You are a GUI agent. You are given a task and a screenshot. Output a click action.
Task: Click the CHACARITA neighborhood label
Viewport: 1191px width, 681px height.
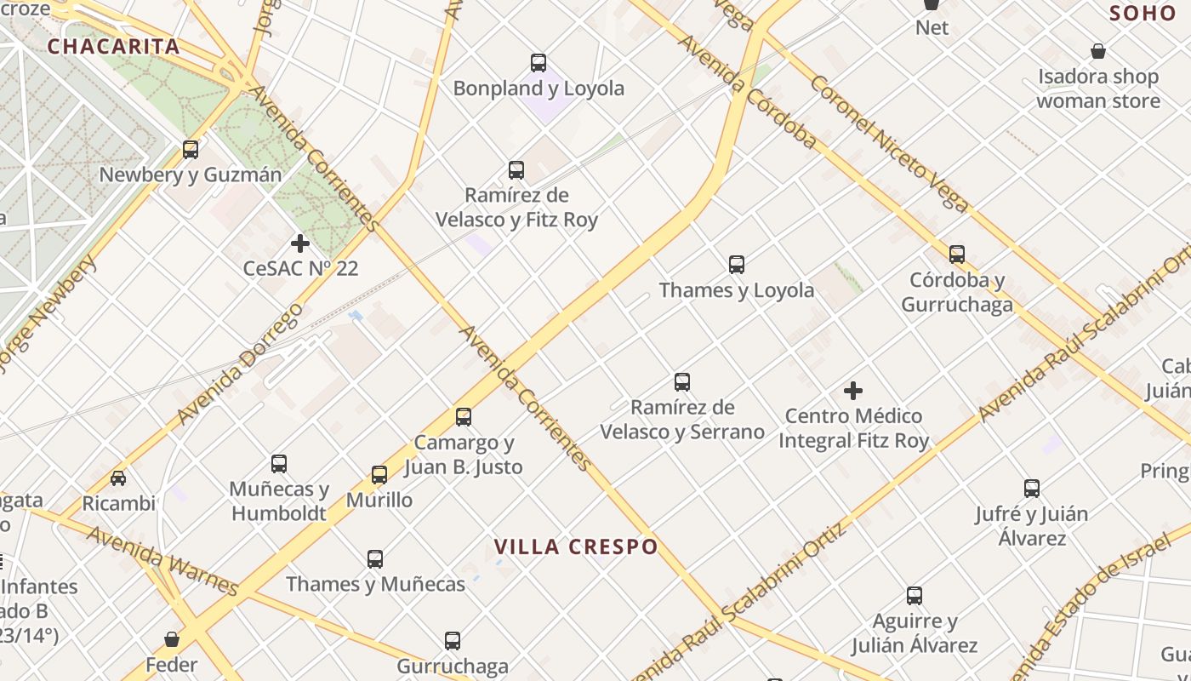click(113, 46)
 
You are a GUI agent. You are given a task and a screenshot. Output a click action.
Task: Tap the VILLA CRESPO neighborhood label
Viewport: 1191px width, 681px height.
click(576, 547)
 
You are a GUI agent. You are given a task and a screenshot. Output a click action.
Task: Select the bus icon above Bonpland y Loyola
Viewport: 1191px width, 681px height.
click(539, 63)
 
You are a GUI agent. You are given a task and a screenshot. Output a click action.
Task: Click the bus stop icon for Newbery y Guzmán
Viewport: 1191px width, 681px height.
click(191, 150)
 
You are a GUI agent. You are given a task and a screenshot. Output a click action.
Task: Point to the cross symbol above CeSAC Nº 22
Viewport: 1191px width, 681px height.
click(300, 244)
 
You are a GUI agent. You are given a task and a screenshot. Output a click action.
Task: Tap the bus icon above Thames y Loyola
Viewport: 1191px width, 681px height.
click(737, 265)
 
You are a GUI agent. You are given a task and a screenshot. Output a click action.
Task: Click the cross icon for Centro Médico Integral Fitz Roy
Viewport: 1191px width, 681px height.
click(853, 391)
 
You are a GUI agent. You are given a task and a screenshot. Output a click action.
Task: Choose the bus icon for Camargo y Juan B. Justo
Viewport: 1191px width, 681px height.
click(464, 417)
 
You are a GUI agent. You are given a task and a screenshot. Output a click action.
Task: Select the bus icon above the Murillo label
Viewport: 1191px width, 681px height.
click(379, 475)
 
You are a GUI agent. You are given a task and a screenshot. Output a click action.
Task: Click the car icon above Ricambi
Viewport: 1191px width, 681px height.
click(118, 478)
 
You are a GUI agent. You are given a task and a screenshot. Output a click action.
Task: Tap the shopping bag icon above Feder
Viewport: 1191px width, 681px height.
click(172, 638)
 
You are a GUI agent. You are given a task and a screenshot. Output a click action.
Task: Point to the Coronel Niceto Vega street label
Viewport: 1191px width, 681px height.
click(889, 143)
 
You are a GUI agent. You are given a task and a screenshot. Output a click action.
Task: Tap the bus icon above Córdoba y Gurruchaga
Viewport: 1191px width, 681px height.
click(957, 255)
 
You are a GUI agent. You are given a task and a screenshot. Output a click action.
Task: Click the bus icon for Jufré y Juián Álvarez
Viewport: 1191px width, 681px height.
click(1032, 489)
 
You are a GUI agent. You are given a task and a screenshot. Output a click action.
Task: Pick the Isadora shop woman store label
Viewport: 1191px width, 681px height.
click(1097, 89)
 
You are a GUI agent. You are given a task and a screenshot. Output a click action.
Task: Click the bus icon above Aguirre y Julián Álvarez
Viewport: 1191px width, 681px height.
click(915, 596)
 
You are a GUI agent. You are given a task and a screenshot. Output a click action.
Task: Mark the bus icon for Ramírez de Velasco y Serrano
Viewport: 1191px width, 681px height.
click(682, 382)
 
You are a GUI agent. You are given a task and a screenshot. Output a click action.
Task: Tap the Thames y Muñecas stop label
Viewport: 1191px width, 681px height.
click(375, 584)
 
